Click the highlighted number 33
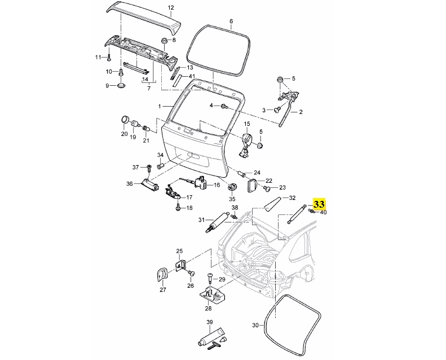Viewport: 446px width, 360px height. [319, 204]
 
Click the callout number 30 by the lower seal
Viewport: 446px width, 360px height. [254, 325]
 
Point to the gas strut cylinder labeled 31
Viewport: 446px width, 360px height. [217, 222]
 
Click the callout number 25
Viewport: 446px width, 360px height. [180, 251]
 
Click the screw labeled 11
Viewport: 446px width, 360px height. [109, 58]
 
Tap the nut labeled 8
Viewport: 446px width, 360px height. [164, 41]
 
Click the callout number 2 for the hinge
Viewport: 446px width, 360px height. [301, 112]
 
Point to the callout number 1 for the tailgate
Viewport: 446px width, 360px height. [160, 106]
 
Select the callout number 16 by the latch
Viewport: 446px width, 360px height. [216, 185]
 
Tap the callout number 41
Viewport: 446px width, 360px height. [192, 76]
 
